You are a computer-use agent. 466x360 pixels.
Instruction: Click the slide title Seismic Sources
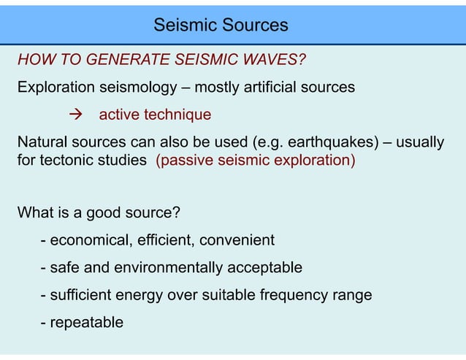(x=221, y=26)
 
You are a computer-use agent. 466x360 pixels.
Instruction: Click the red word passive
(x=186, y=161)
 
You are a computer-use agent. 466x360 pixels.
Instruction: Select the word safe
(x=64, y=268)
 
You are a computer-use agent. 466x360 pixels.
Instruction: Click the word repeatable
(x=87, y=323)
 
